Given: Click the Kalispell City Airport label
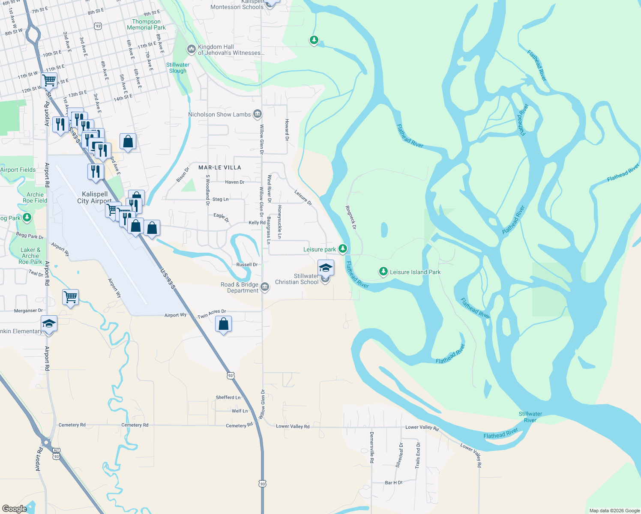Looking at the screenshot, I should point(95,197).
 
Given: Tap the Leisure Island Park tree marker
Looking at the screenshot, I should point(383,272).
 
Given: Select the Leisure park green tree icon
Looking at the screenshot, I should point(342,248).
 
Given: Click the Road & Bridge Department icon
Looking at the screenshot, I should point(265,287).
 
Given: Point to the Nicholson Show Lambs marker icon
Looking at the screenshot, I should point(257,114).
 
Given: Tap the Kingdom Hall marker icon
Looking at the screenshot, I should point(191,49).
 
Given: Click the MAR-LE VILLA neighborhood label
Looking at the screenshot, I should point(220,167).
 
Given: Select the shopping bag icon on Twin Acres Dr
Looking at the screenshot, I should point(223,324).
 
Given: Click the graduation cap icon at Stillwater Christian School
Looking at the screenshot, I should point(326,268).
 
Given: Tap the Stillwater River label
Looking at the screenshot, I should point(530,417).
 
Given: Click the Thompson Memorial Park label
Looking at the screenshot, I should point(146,24).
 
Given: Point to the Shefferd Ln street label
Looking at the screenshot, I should point(228,397).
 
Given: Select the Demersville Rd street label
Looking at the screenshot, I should point(371,448).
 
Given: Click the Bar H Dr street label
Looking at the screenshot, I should point(393,483).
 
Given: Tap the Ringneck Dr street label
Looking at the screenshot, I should point(351,217).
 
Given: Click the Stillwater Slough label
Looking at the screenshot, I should point(178,68).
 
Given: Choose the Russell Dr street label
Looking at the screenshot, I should point(247,265).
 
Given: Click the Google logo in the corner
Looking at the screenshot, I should point(14,508).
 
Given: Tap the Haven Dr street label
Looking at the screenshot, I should point(234,182).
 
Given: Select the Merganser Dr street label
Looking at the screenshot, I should point(28,311).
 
